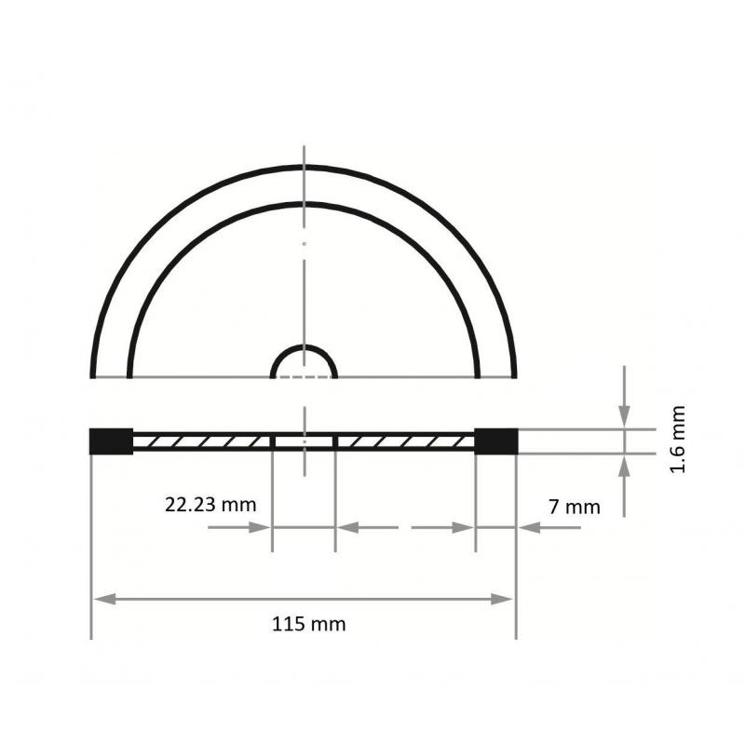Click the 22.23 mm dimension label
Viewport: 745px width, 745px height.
tap(210, 505)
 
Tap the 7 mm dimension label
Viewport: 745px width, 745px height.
tap(575, 507)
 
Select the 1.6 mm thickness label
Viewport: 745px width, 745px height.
tap(678, 440)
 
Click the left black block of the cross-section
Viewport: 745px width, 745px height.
tap(112, 440)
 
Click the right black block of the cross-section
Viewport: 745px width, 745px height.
tap(495, 440)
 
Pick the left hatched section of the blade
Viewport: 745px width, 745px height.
tap(202, 440)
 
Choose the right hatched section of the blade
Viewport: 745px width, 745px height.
tap(405, 440)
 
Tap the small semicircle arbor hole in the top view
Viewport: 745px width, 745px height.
tap(304, 361)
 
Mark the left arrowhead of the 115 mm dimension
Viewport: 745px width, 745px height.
tap(102, 598)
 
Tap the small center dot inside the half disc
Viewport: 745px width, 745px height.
tap(304, 244)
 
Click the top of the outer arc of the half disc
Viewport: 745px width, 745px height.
tap(304, 168)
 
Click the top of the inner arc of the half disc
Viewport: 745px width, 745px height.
tap(304, 203)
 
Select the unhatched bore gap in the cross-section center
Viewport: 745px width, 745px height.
tap(304, 440)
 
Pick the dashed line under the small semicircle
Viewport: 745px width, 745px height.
tap(304, 377)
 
